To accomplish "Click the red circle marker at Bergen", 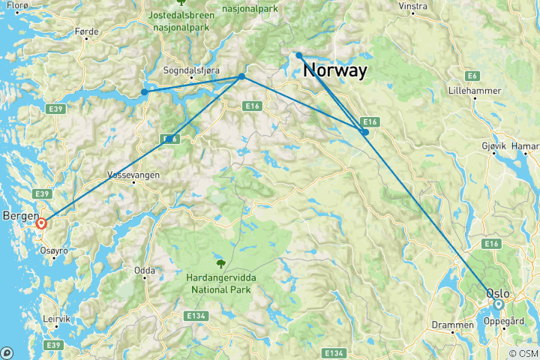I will coord(42,223).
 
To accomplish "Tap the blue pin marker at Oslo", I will coord(498,304).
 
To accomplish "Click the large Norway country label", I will coord(335,71).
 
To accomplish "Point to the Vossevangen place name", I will coord(133,172).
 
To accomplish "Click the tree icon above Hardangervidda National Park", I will coord(220,263).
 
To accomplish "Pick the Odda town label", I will coord(145,271).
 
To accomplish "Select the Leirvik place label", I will coord(55,317).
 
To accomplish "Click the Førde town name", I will coord(87,31).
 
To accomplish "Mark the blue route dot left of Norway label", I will coord(298,55).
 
